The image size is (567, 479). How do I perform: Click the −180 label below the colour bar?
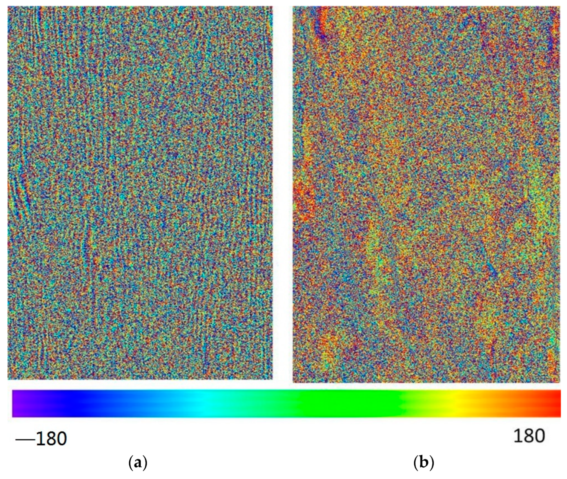click(41, 438)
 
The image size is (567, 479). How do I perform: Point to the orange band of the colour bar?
click(503, 403)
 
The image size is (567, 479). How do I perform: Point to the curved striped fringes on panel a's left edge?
click(19, 190)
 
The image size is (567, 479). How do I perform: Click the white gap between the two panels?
click(282, 190)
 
